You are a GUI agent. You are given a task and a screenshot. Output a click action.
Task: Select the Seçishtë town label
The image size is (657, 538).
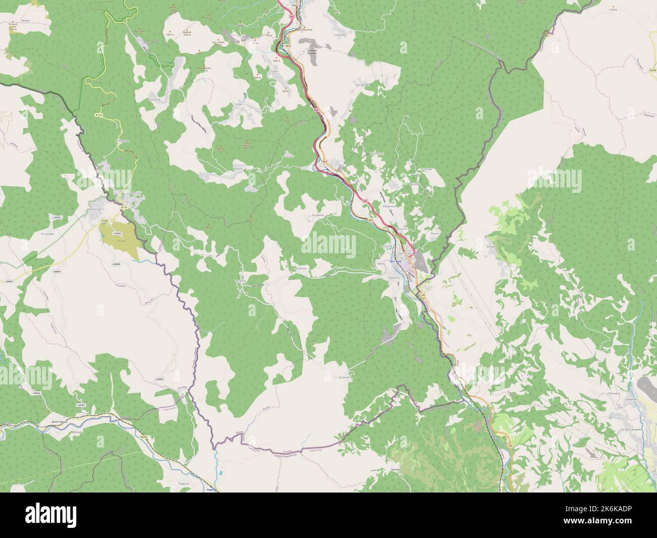(x=394, y=277)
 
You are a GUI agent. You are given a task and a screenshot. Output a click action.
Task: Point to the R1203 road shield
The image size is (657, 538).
(x=105, y=221)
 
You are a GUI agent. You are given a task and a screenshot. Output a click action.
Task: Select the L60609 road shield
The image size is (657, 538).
(x=117, y=233)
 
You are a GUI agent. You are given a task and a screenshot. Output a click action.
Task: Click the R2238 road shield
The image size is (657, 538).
(x=652, y=71)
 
